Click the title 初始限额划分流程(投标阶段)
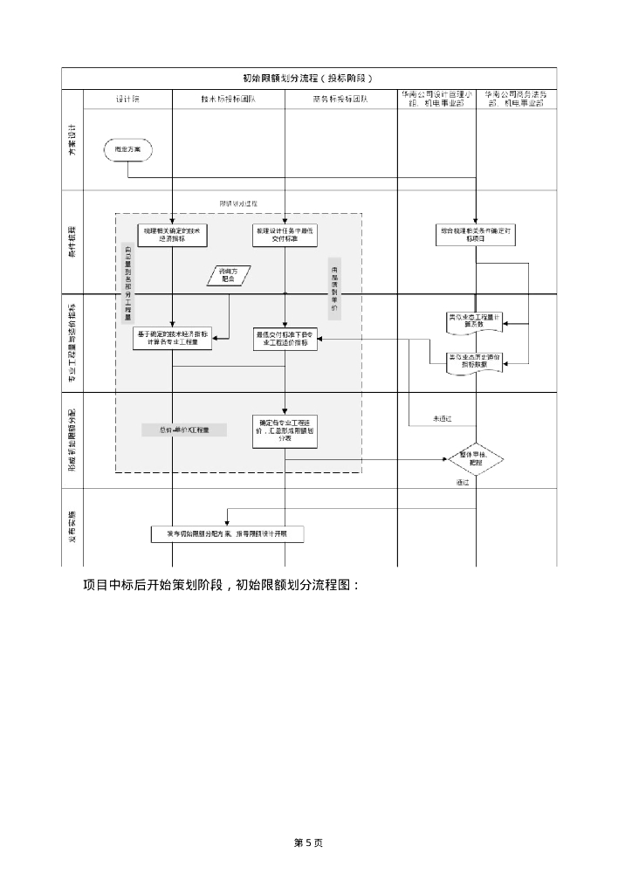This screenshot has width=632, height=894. pos(309,79)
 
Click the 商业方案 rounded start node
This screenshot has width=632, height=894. pos(127,150)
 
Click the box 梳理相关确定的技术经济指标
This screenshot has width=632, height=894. pos(172,234)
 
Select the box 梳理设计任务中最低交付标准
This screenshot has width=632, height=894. pos(285,234)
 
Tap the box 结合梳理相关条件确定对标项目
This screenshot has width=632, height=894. pos(476,234)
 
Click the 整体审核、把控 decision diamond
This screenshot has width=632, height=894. pos(476,457)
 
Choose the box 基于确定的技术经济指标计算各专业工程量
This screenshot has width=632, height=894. pos(172,339)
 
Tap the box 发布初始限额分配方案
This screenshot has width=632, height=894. pos(228,533)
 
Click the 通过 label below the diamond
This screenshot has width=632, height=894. pos(463,482)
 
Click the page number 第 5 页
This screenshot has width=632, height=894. pos(309,842)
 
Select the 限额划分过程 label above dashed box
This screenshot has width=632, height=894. pos(238,203)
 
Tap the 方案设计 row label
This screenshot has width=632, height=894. pos(72,141)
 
